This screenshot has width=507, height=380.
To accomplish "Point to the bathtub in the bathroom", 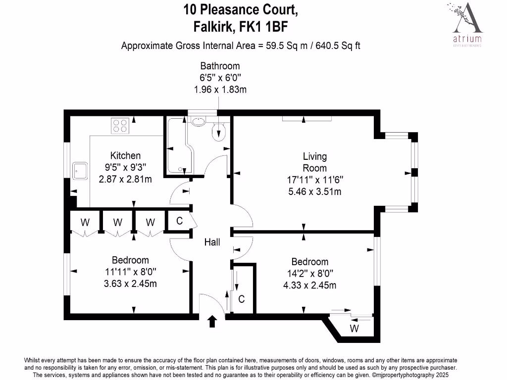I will [176, 146].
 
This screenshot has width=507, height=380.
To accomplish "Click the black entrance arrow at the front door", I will [212, 322].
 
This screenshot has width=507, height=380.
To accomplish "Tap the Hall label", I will [212, 242].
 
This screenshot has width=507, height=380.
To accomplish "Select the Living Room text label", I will [315, 162].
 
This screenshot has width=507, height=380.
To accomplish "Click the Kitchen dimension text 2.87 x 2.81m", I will [125, 179].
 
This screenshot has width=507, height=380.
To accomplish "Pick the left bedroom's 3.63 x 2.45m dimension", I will [130, 284].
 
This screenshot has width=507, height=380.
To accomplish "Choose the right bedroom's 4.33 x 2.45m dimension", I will [309, 285].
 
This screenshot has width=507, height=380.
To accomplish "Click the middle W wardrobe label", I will [117, 223].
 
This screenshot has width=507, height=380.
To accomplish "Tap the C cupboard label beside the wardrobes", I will [180, 222].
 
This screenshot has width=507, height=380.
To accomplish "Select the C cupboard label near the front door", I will [242, 299].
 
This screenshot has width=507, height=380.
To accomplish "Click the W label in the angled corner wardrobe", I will [355, 329].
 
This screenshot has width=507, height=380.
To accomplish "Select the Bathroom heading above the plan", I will [220, 66].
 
